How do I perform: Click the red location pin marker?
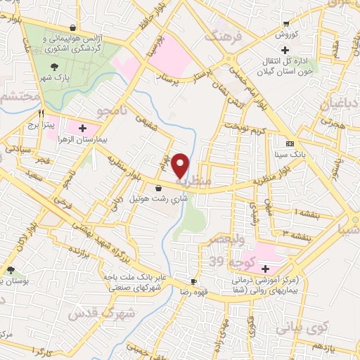tap(181, 165)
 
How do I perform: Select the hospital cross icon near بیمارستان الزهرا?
tap(84, 129)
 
